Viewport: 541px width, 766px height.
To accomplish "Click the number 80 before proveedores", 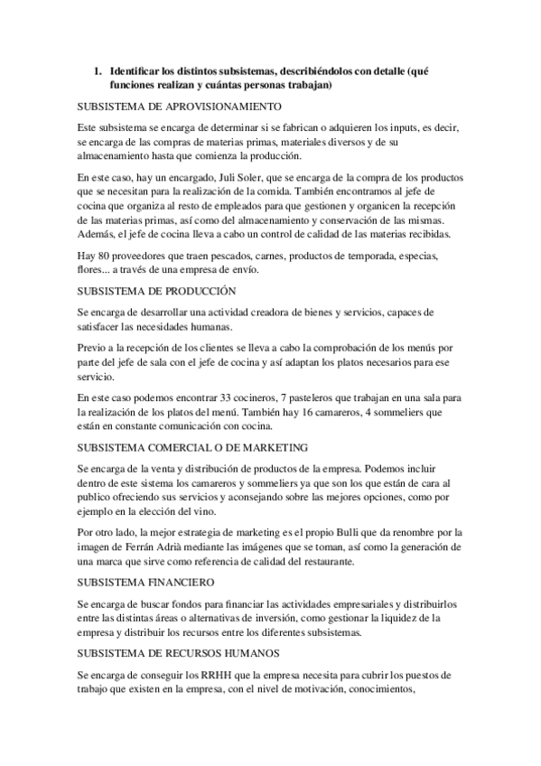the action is (106, 255).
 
